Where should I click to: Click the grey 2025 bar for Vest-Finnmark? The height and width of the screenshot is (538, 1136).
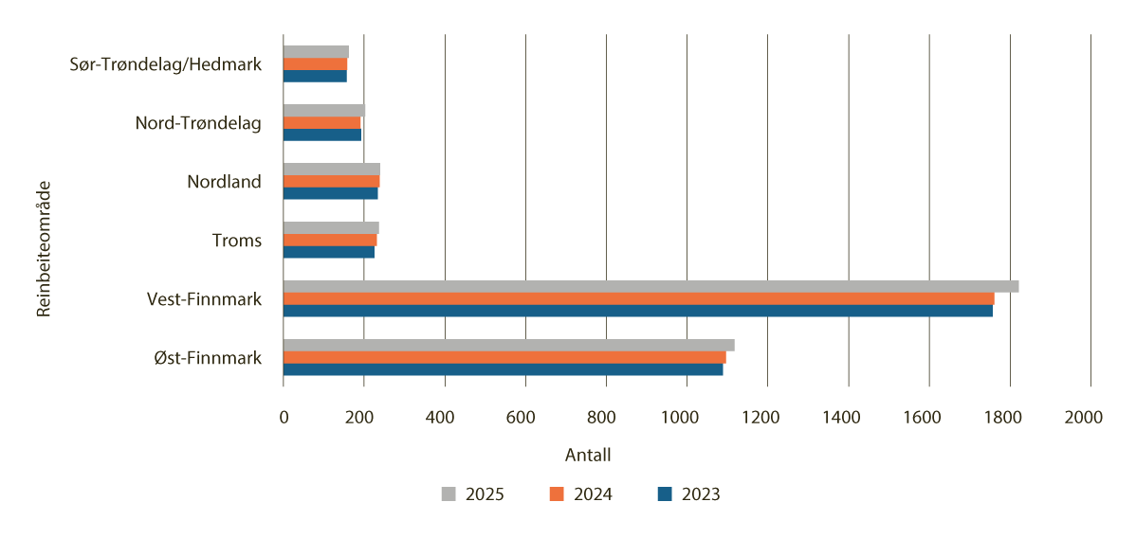[650, 286]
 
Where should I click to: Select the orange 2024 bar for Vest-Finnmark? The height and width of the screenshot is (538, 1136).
[638, 298]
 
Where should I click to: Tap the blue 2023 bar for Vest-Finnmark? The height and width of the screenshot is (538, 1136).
[637, 311]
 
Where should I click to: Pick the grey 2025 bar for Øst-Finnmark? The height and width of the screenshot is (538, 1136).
[508, 345]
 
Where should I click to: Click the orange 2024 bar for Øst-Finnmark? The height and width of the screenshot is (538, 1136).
[504, 357]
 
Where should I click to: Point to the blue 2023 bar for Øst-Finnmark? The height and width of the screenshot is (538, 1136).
[503, 369]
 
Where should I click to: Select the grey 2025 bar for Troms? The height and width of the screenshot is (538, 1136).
[331, 227]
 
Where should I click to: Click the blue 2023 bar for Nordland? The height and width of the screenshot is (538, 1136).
[330, 193]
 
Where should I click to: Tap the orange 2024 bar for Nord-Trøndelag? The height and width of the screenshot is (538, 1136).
[321, 122]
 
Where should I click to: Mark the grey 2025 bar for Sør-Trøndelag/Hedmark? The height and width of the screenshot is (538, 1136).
[316, 51]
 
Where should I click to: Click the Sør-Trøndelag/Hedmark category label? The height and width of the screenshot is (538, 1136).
[165, 64]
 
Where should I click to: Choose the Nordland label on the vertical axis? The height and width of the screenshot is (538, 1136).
[224, 182]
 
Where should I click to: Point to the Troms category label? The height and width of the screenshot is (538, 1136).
[237, 241]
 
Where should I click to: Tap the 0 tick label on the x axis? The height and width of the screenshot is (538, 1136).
[284, 417]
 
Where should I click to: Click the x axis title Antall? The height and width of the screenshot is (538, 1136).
[588, 456]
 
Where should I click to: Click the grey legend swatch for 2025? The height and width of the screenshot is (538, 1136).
[449, 494]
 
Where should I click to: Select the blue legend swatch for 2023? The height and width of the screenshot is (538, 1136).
[665, 494]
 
